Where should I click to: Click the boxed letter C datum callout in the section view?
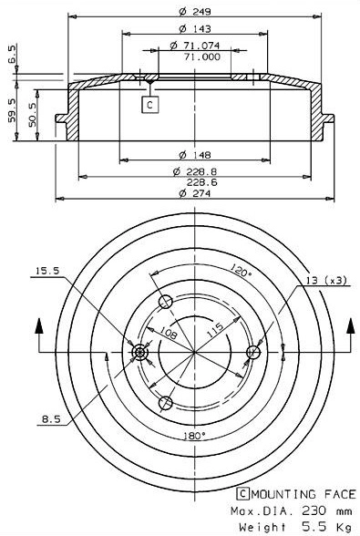[149, 105]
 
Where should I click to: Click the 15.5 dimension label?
[47, 271]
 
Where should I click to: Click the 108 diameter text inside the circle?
[170, 335]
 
